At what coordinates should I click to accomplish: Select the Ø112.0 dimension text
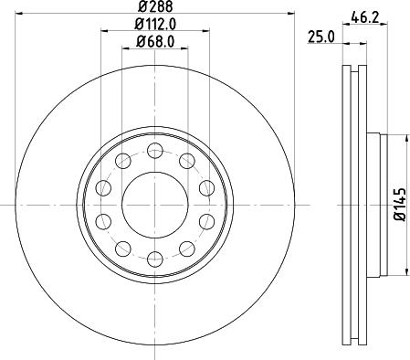coord(154,24)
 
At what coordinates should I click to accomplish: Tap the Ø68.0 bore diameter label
coord(154,41)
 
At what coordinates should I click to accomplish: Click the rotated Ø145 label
coord(400,206)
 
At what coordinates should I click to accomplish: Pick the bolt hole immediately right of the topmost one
coord(186,162)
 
